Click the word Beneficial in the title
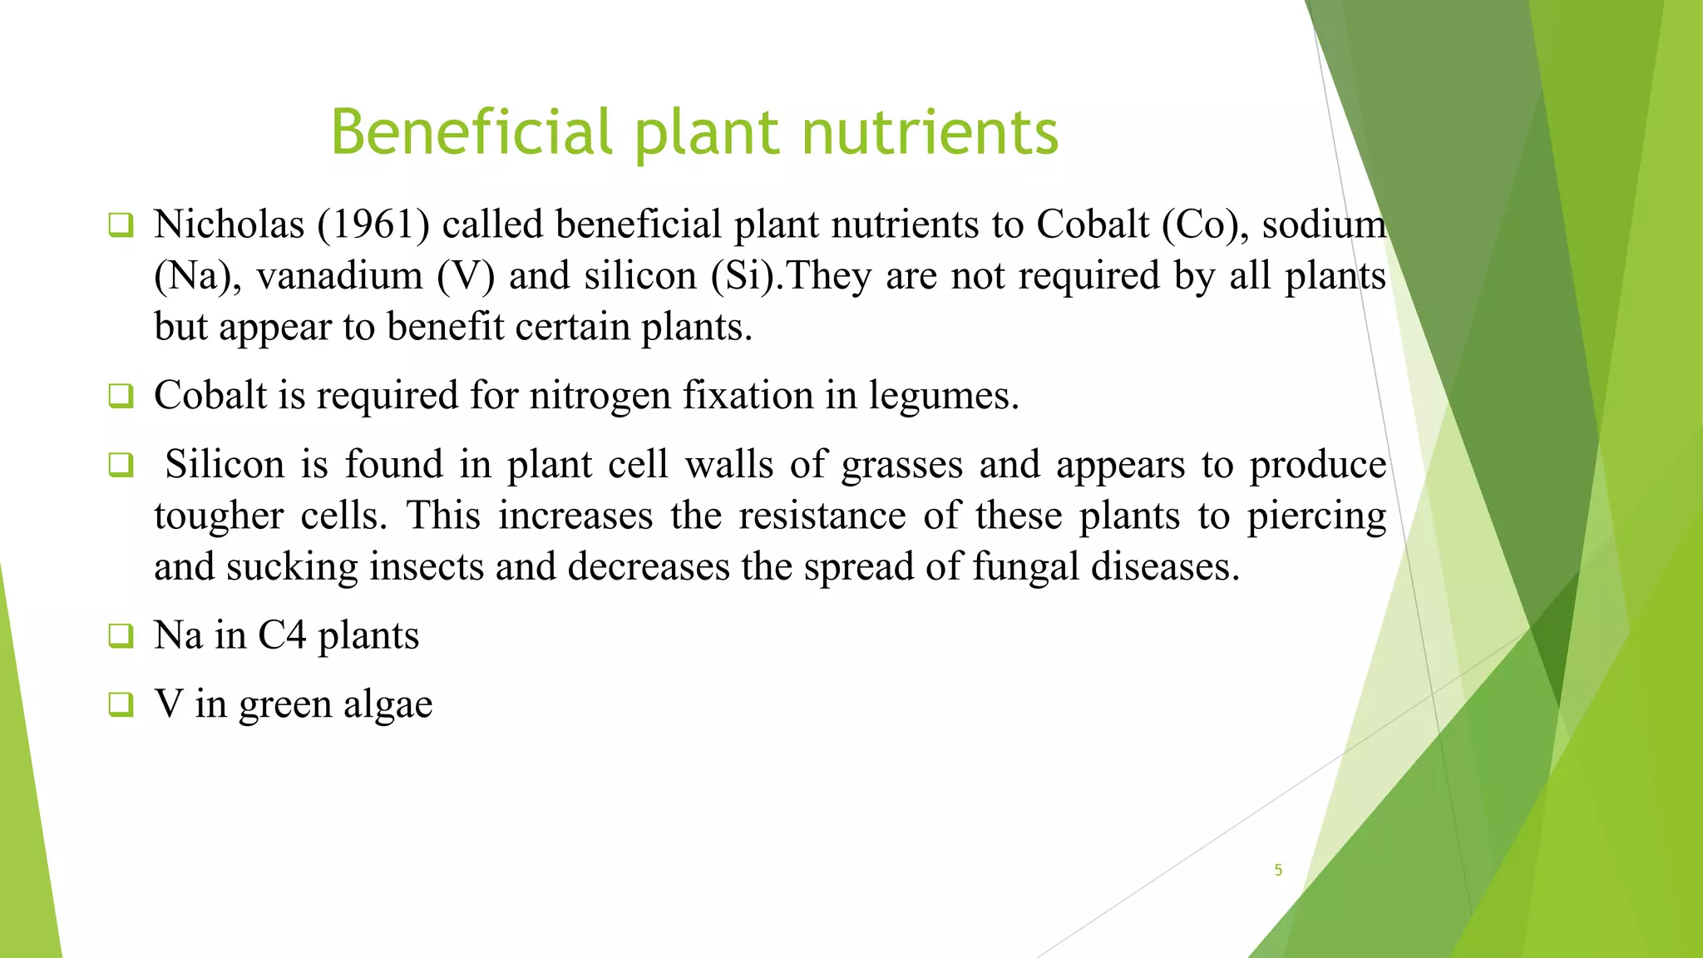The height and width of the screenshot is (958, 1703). (x=472, y=133)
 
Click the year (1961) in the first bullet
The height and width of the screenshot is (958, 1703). (x=373, y=225)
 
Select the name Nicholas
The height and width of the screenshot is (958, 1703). (x=229, y=225)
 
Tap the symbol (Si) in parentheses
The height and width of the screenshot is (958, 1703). (x=746, y=276)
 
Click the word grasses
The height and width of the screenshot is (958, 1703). (x=901, y=465)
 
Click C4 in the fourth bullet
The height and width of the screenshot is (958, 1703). (x=282, y=636)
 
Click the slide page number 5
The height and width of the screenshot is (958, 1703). (x=1278, y=870)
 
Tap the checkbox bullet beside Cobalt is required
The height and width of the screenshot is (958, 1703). (x=121, y=396)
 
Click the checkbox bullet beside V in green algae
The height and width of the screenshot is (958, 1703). (x=121, y=705)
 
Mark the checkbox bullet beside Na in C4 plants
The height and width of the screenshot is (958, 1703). (x=121, y=636)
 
